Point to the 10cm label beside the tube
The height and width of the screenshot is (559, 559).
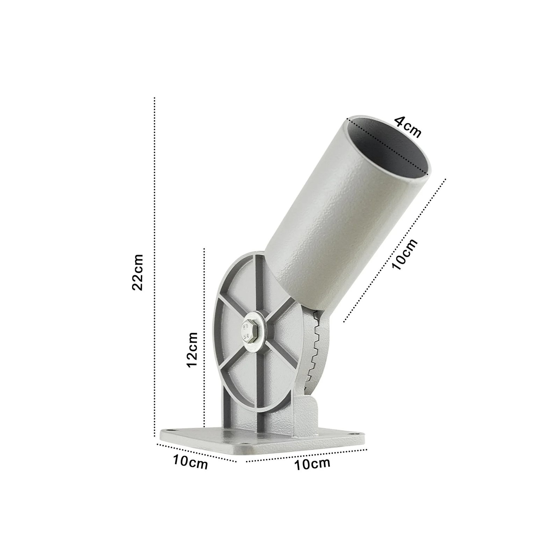click(405, 254)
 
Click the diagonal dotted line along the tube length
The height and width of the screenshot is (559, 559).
click(395, 250)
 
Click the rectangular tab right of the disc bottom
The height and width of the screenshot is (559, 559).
click(307, 416)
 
